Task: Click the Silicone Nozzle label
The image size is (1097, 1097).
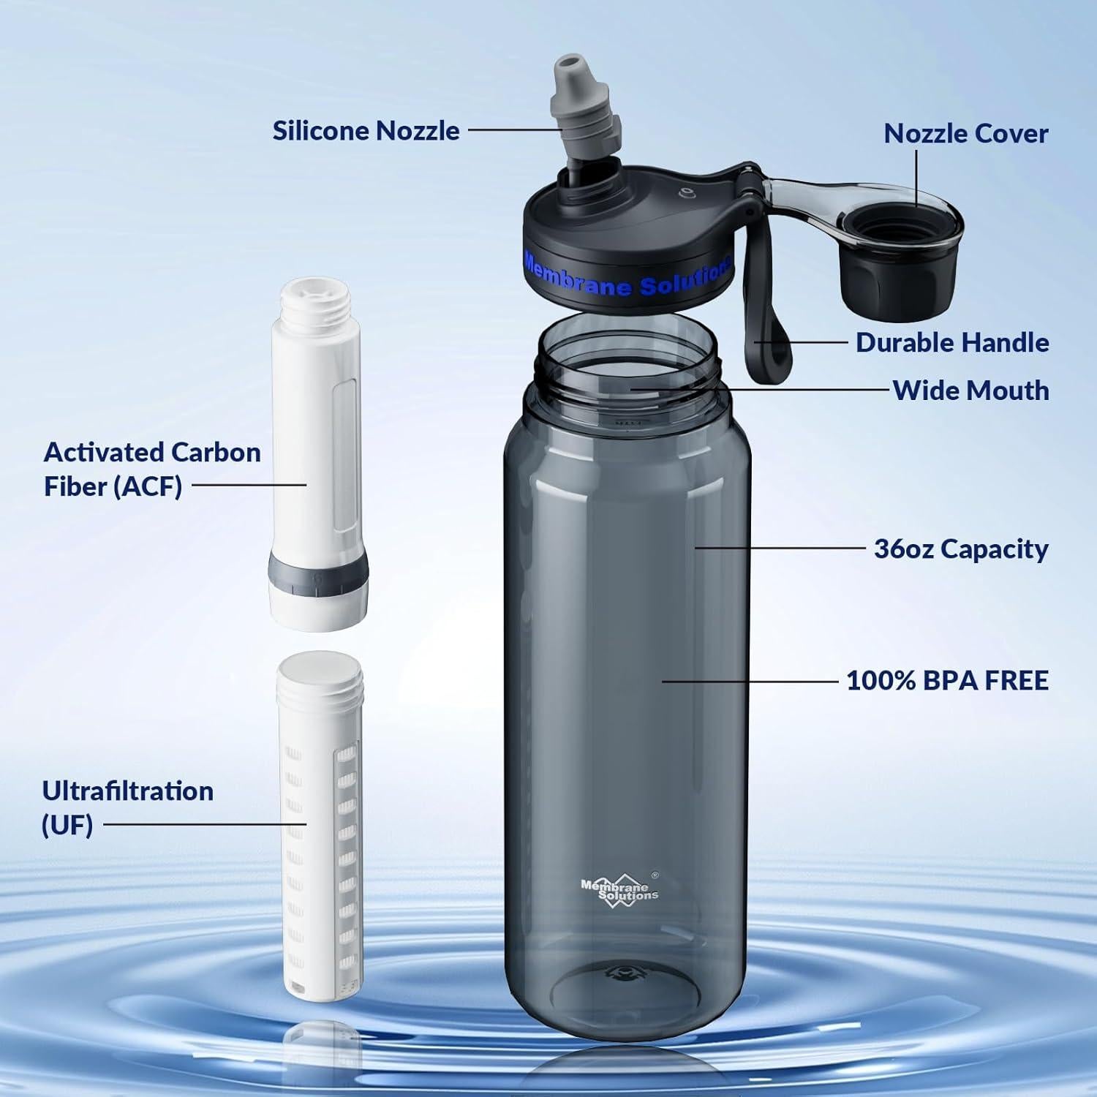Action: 366,131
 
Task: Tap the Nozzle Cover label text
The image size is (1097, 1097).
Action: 965,133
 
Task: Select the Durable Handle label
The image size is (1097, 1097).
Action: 952,342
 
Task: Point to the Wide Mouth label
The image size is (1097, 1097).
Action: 970,391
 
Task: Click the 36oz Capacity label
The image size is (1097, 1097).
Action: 961,548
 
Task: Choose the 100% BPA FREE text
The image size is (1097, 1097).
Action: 947,680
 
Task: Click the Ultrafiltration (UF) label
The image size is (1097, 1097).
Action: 127,807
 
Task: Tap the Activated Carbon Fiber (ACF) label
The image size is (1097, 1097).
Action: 152,469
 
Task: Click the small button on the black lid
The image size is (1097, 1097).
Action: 686,193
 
